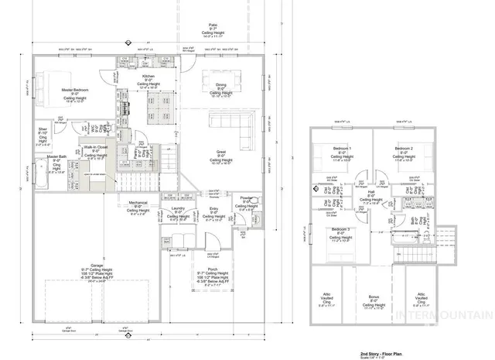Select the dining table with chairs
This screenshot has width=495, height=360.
pos(220,81)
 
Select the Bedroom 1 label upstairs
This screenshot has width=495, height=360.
pos(341,148)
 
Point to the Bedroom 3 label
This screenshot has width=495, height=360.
pos(341,231)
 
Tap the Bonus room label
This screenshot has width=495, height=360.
pos(374,297)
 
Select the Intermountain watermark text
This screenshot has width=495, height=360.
pos(452,316)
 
